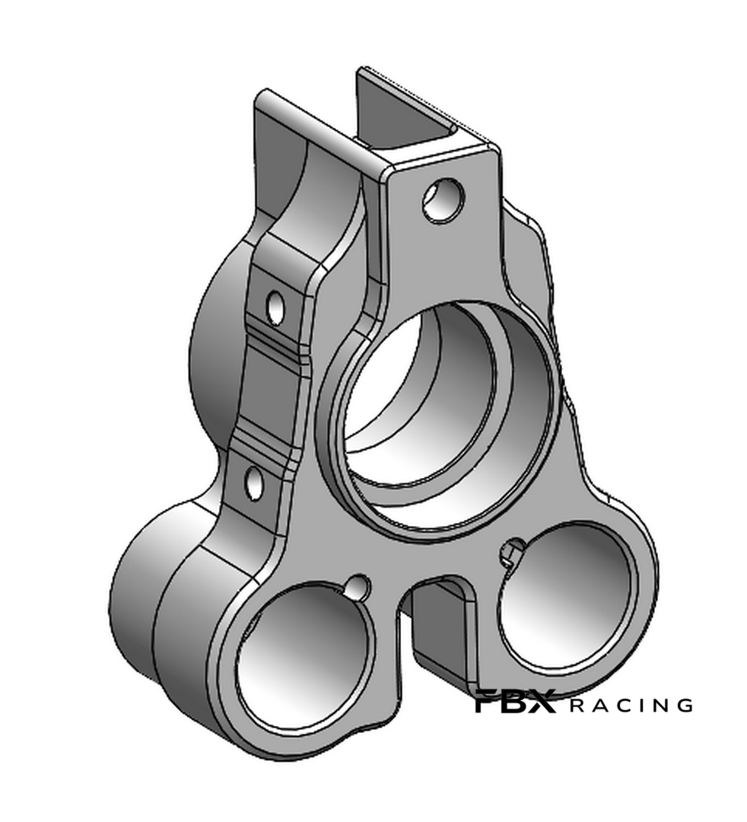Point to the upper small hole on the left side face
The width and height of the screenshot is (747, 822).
(x=275, y=307)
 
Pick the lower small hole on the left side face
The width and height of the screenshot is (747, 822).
(x=255, y=482)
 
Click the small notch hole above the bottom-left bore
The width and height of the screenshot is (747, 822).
(x=359, y=587)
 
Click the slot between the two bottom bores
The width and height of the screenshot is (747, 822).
(x=440, y=629)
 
